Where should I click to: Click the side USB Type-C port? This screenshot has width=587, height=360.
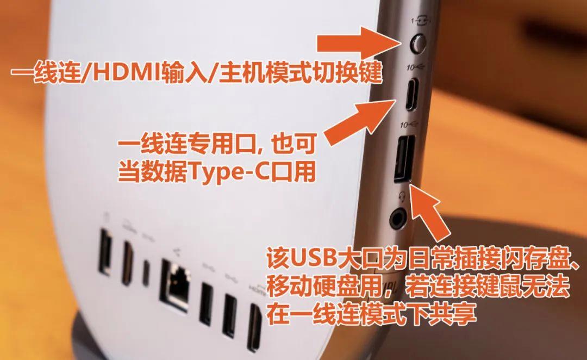[x=413, y=95]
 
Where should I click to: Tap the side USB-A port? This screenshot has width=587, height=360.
[x=405, y=159]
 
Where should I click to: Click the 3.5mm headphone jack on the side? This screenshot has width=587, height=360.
[x=398, y=219]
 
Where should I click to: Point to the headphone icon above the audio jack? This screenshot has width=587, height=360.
[x=402, y=196]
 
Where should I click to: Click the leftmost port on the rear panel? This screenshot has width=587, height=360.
[x=104, y=251]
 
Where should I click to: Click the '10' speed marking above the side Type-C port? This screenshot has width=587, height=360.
[x=411, y=67]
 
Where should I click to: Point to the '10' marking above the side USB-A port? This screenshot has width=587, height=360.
[x=404, y=125]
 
